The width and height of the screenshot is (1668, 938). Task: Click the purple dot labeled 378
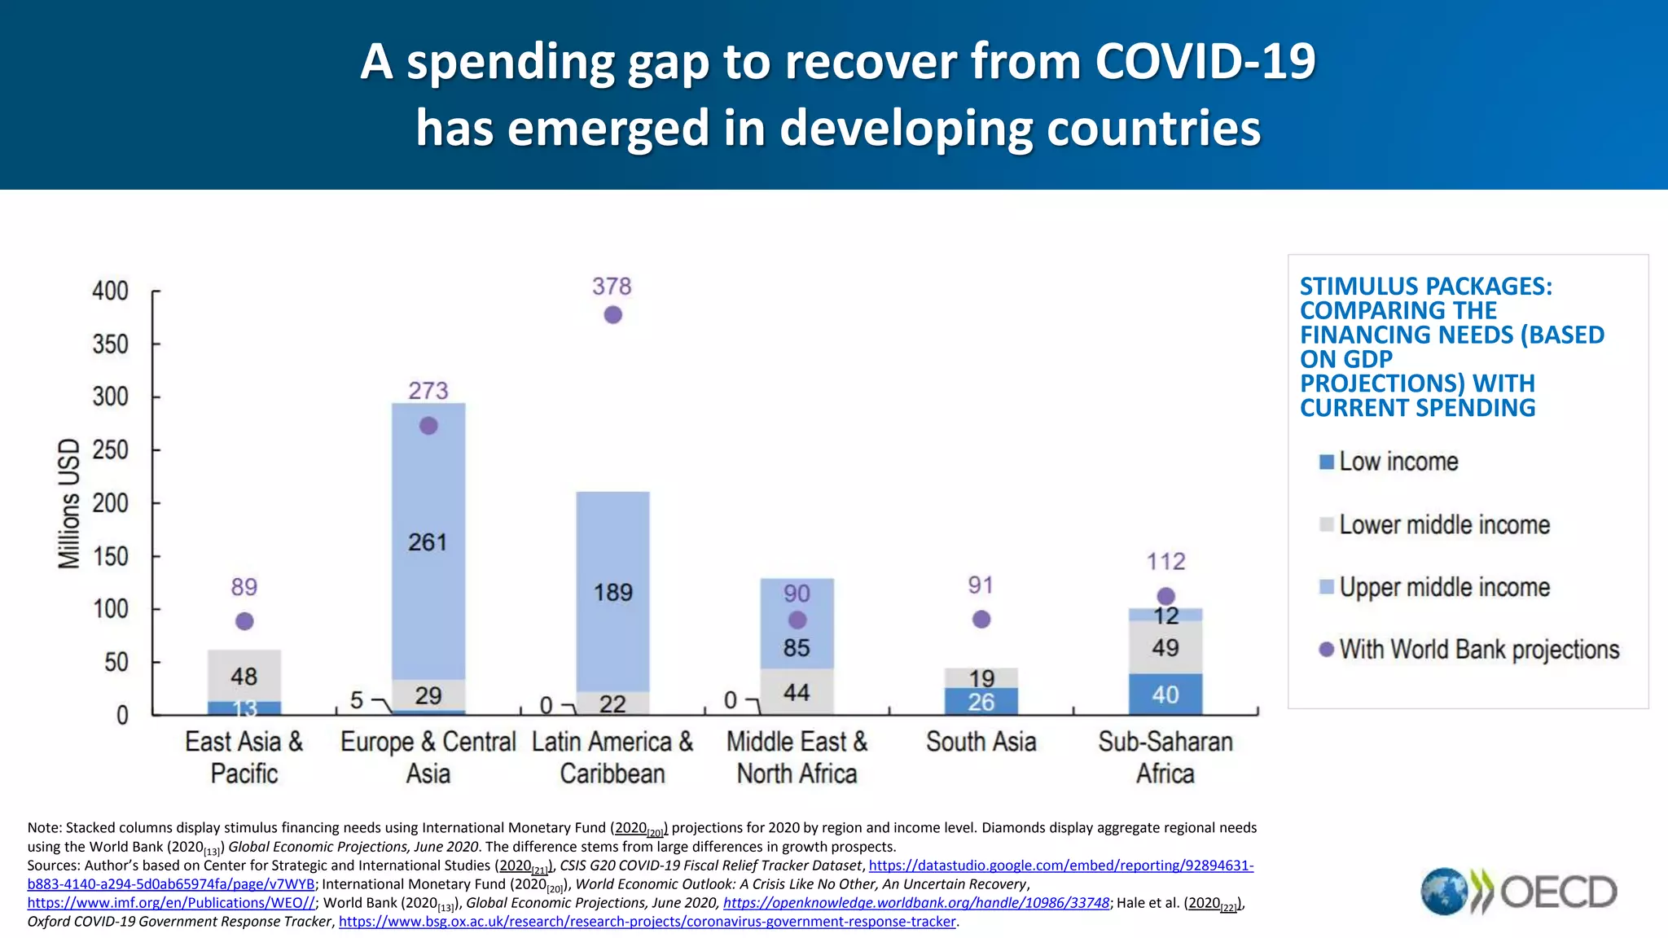tap(612, 314)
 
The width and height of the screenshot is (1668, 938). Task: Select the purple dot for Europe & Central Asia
tap(428, 426)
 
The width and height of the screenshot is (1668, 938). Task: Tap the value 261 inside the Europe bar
tap(428, 542)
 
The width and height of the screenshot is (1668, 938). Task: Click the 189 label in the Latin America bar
tap(612, 592)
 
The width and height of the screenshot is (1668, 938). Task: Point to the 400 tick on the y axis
tap(110, 291)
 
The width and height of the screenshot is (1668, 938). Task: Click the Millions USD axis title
tap(69, 503)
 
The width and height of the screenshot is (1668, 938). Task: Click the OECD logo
tap(1519, 892)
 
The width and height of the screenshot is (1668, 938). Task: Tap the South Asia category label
tap(981, 742)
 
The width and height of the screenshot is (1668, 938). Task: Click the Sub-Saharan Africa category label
tap(1165, 757)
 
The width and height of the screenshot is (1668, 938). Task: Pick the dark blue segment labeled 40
tap(1165, 695)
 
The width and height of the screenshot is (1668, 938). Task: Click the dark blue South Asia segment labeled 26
tap(981, 701)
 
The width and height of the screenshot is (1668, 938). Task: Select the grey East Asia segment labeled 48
tap(244, 676)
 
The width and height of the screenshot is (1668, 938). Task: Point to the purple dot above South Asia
tap(981, 620)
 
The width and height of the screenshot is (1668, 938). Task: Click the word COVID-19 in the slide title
tap(1205, 62)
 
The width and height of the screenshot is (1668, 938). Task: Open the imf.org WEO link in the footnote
tap(171, 903)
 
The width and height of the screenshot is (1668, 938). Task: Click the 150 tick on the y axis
tap(110, 557)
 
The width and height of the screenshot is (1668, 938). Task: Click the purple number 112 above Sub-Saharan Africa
tap(1165, 562)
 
